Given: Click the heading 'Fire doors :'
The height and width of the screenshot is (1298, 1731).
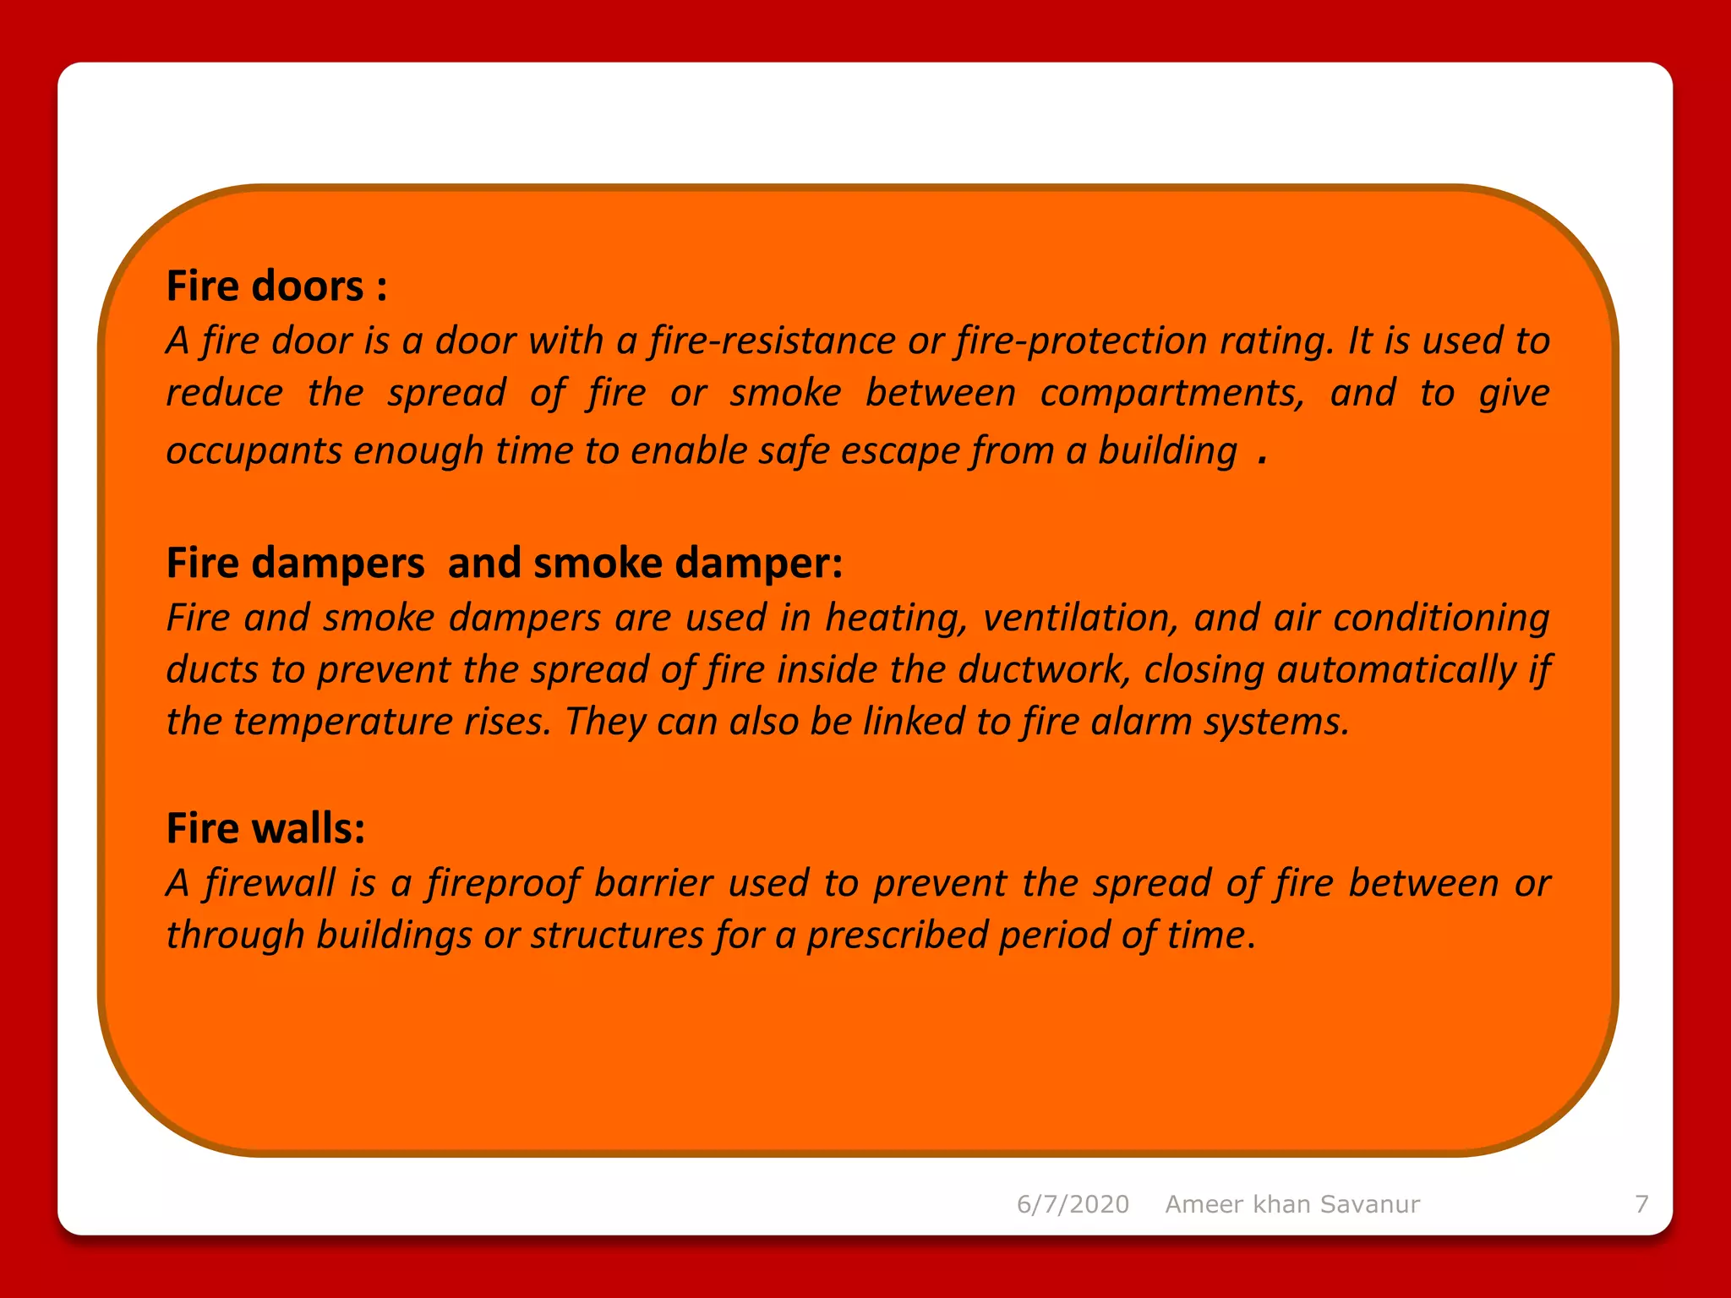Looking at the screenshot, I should [x=277, y=286].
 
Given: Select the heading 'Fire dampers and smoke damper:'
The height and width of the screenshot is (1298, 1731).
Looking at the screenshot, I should [x=505, y=564].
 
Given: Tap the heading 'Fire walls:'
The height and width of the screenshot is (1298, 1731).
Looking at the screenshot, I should [x=265, y=828].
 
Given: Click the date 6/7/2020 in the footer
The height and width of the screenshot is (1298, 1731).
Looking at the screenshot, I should [x=1073, y=1204].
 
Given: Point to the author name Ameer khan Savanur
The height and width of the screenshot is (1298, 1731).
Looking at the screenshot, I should [x=1292, y=1204].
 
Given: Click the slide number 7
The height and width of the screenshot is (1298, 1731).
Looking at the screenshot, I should [x=1641, y=1204].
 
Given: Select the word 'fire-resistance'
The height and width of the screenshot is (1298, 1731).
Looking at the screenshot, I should [x=773, y=341].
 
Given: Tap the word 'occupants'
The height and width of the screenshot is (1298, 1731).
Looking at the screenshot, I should [x=254, y=451].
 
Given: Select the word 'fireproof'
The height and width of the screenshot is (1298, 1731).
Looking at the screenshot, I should [x=503, y=884].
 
